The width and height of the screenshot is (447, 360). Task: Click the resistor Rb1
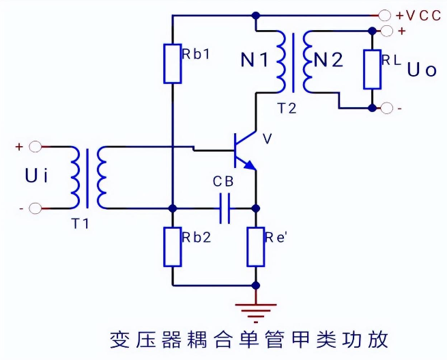pos(173,64)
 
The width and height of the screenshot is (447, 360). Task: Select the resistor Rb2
pos(173,247)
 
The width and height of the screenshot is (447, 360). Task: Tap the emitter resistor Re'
pos(255,247)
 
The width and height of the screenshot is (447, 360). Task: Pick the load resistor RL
pos(372,69)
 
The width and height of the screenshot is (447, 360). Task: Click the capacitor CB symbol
pos(225,208)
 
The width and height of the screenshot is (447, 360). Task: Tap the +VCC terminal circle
pos(385,14)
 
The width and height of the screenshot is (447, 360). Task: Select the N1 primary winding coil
pos(280,61)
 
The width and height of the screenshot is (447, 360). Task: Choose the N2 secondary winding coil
pos(308,61)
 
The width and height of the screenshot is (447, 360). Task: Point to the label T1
pos(81,223)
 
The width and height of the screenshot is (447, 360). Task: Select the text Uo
pos(421,70)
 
